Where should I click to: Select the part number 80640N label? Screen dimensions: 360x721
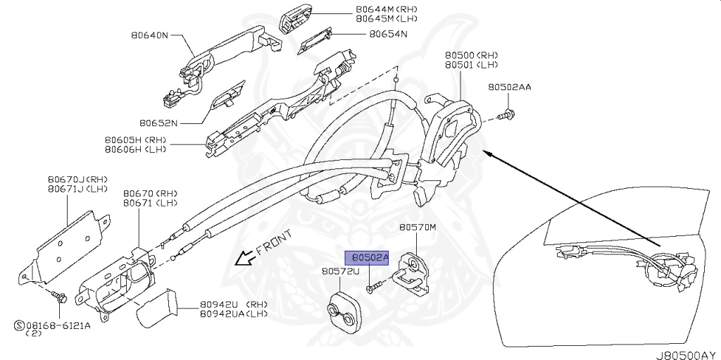[x=150, y=33]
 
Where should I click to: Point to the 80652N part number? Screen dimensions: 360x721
[x=158, y=123]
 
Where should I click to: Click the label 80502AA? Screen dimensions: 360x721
[x=509, y=87]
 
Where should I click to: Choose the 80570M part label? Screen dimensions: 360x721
[x=418, y=228]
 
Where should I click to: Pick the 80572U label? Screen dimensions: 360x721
[x=341, y=271]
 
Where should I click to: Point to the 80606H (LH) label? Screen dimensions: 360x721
[x=134, y=149]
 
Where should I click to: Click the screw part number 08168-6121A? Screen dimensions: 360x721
[x=50, y=325]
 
